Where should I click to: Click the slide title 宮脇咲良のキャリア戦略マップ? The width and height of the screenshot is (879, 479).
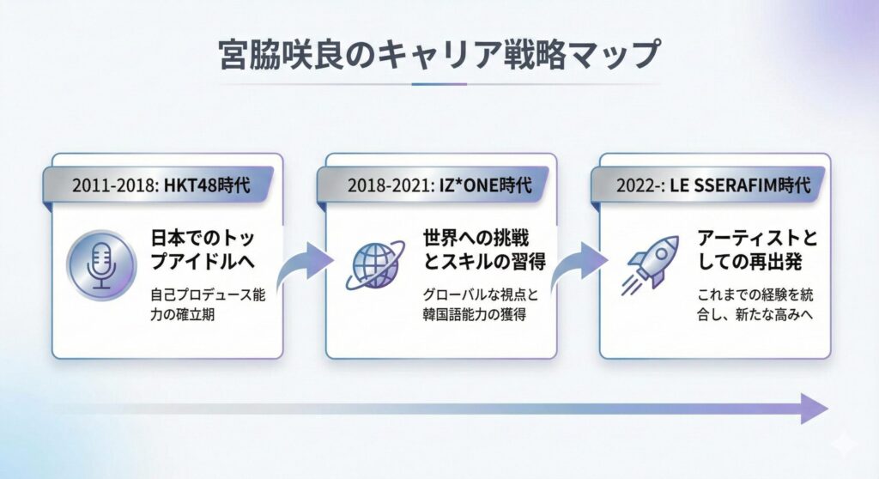pyautogui.click(x=439, y=53)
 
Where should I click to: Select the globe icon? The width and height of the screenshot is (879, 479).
pyautogui.click(x=375, y=262)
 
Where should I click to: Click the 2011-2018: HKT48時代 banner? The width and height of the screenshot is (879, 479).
pyautogui.click(x=161, y=184)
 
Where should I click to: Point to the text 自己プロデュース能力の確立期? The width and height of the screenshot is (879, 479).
pyautogui.click(x=203, y=302)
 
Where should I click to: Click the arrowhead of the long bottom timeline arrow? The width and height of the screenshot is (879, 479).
pyautogui.click(x=813, y=409)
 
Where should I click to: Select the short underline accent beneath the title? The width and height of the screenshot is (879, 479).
pyautogui.click(x=439, y=84)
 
